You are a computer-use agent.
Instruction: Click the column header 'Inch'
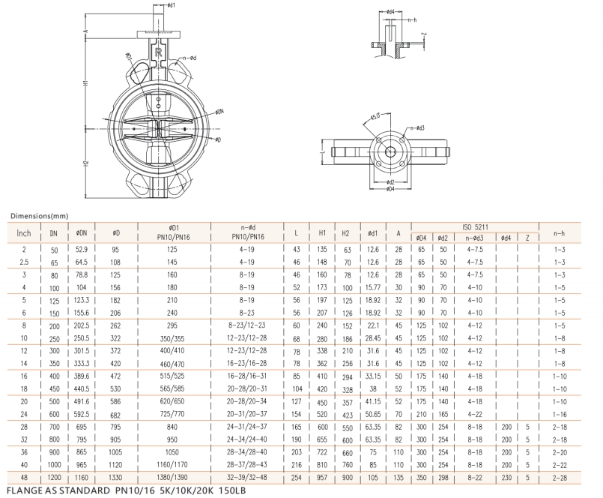[24, 233]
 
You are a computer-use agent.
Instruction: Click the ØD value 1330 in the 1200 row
[116, 477]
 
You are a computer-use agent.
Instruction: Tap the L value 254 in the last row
[297, 477]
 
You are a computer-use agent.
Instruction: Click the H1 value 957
[322, 477]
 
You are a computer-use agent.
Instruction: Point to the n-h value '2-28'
[560, 477]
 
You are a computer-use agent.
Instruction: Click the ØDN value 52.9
[82, 248]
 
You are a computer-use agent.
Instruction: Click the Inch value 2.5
[24, 262]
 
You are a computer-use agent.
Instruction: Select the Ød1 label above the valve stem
[170, 5]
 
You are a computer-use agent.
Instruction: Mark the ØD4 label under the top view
[390, 189]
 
